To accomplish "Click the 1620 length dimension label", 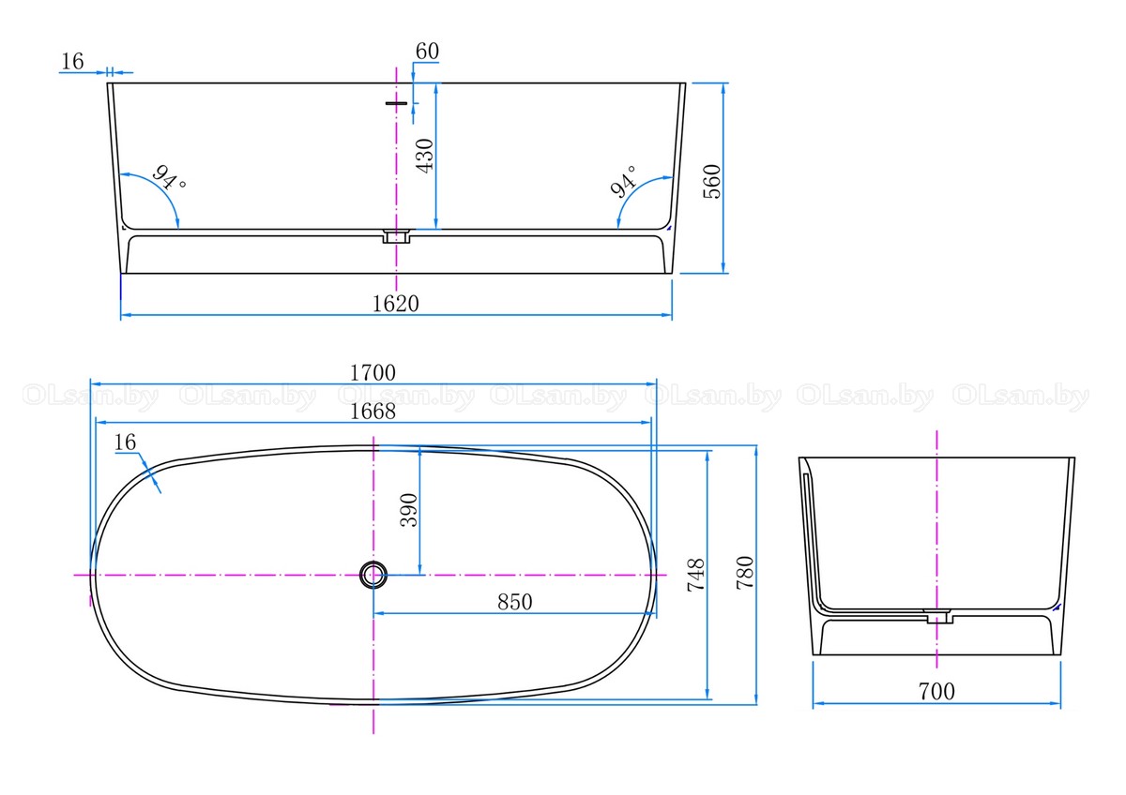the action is pyautogui.click(x=395, y=304).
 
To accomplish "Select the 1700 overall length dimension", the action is pyautogui.click(x=373, y=372).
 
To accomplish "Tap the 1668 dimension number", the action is pyautogui.click(x=373, y=412).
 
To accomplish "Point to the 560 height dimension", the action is pyautogui.click(x=712, y=181).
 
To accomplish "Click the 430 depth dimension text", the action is pyautogui.click(x=425, y=156).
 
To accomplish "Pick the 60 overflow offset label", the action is pyautogui.click(x=427, y=51).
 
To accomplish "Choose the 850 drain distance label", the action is pyautogui.click(x=515, y=602).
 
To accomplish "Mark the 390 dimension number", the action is pyautogui.click(x=409, y=510).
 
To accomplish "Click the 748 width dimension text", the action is pyautogui.click(x=695, y=575).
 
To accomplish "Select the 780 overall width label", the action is pyautogui.click(x=744, y=573).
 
